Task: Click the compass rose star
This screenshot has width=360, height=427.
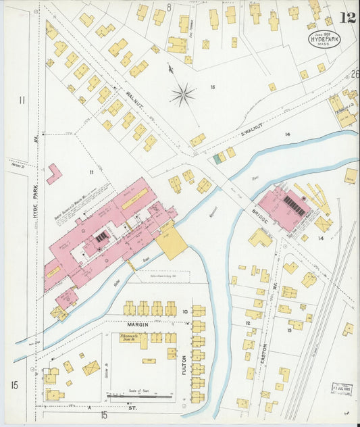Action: pyautogui.click(x=182, y=95)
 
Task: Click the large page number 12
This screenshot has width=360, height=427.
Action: pyautogui.click(x=348, y=18)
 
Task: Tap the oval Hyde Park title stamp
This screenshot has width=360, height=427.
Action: pyautogui.click(x=324, y=39)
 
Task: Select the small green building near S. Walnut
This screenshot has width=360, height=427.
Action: pyautogui.click(x=217, y=158)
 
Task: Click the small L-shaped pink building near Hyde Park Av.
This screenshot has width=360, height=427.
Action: pyautogui.click(x=53, y=174)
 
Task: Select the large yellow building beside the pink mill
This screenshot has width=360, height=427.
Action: pyautogui.click(x=172, y=243)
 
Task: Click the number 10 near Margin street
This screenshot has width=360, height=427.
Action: pyautogui.click(x=184, y=311)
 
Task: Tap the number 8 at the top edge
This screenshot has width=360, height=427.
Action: pyautogui.click(x=169, y=7)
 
